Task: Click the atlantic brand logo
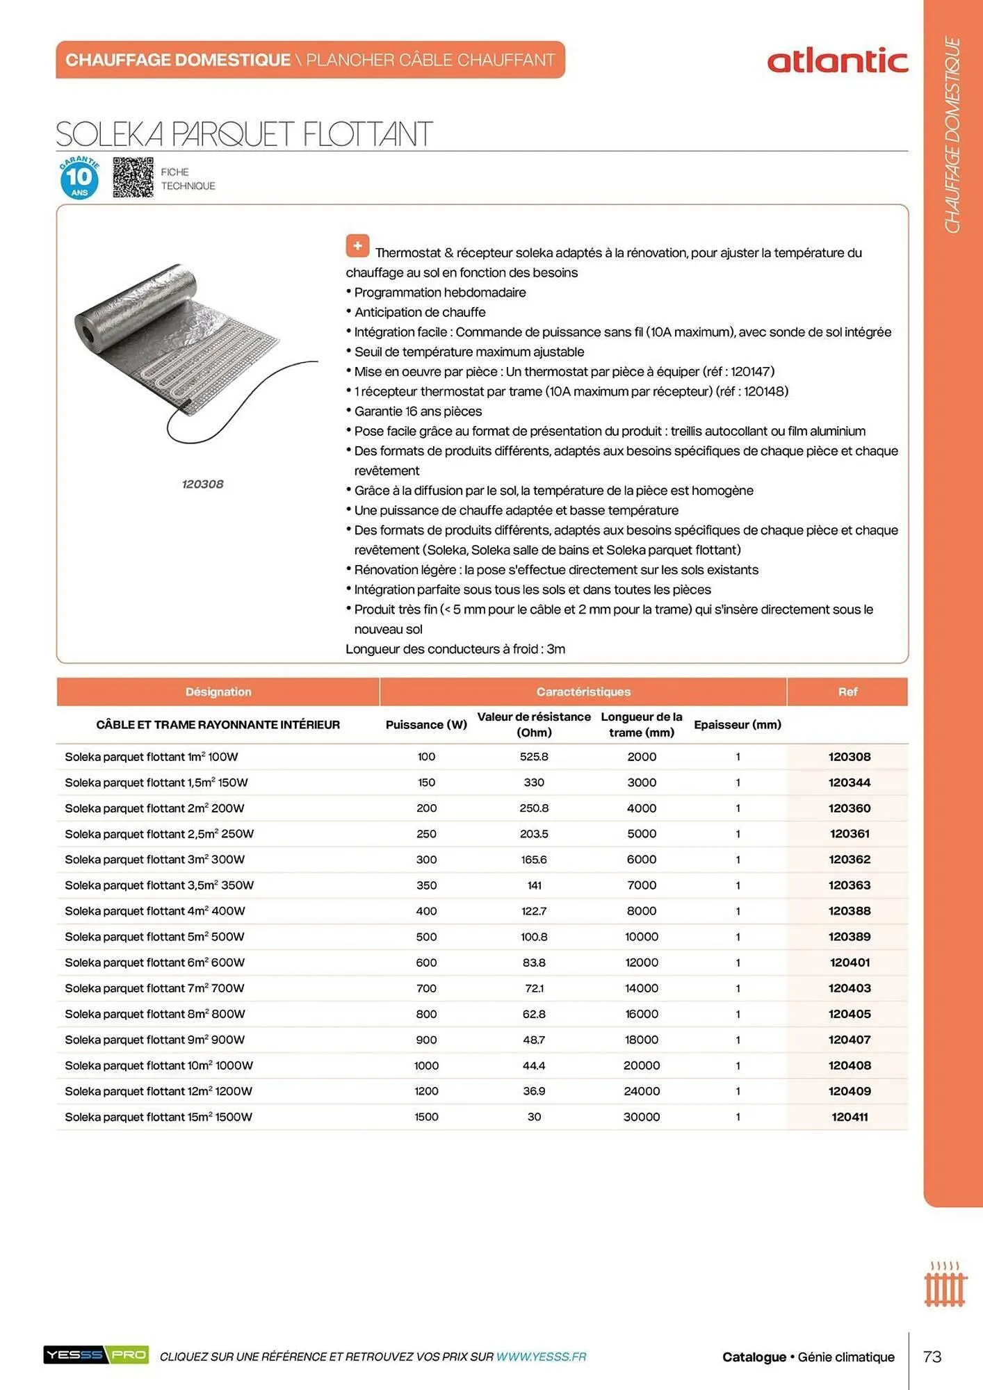[x=837, y=61]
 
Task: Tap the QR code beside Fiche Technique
[x=133, y=177]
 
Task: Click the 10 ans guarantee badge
[x=79, y=178]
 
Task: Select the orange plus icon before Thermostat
[x=357, y=245]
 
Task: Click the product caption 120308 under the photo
[x=202, y=484]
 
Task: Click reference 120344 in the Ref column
[x=849, y=783]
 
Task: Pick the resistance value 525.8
[x=534, y=757]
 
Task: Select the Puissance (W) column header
[x=426, y=725]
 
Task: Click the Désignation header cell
[x=218, y=692]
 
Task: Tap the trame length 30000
[x=642, y=1117]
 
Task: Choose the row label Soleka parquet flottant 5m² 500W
[x=154, y=937]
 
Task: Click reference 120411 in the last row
[x=849, y=1117]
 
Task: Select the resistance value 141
[x=534, y=885]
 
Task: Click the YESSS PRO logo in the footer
[x=96, y=1355]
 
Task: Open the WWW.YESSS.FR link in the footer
[x=541, y=1357]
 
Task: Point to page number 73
[x=932, y=1357]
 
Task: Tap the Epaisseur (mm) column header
[x=737, y=725]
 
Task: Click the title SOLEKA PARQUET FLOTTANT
[x=244, y=134]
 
